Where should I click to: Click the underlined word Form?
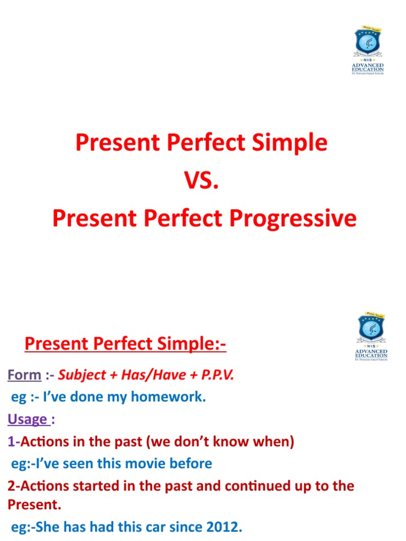24,375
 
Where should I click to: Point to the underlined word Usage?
27,419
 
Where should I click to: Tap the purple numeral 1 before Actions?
11,442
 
